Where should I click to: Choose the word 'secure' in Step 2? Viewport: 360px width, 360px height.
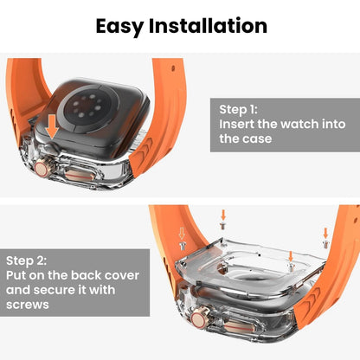click(x=61, y=291)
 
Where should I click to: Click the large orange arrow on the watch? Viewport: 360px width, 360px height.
click(x=54, y=125)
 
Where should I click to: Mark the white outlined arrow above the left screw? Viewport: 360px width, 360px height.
click(x=183, y=233)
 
